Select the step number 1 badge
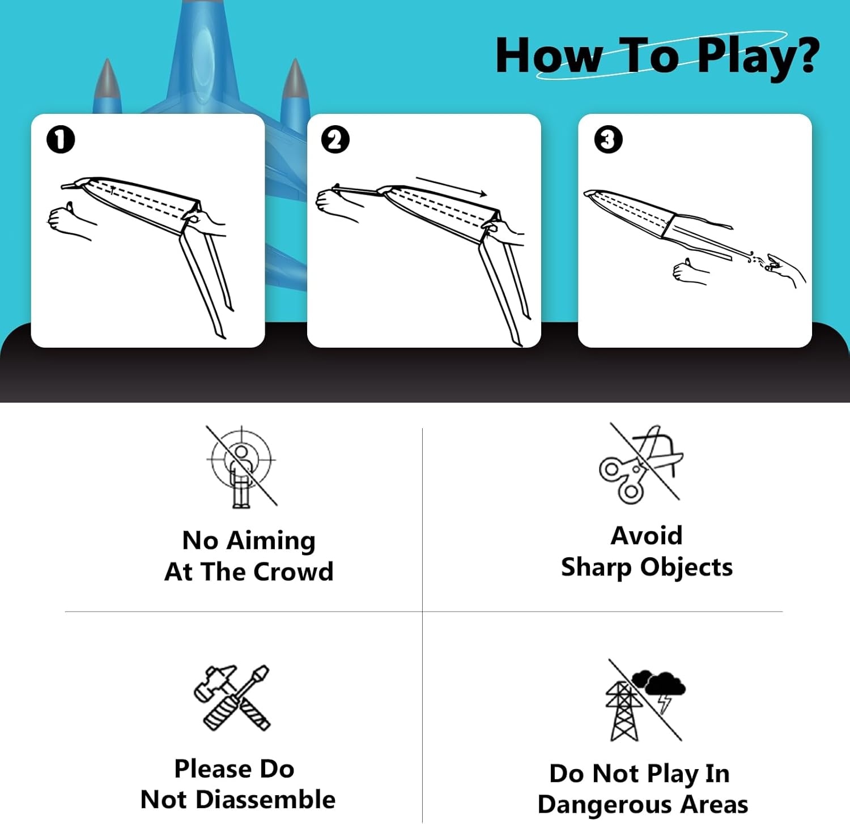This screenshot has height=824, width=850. click(x=61, y=139)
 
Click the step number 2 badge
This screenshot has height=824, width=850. click(x=335, y=139)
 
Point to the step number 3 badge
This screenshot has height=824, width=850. click(x=608, y=139)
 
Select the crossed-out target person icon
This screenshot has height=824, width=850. click(x=241, y=466)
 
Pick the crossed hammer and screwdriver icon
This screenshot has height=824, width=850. click(x=232, y=697)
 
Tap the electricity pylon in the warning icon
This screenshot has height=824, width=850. click(x=623, y=711)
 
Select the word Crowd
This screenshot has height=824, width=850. click(x=293, y=571)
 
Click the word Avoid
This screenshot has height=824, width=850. click(x=647, y=535)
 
